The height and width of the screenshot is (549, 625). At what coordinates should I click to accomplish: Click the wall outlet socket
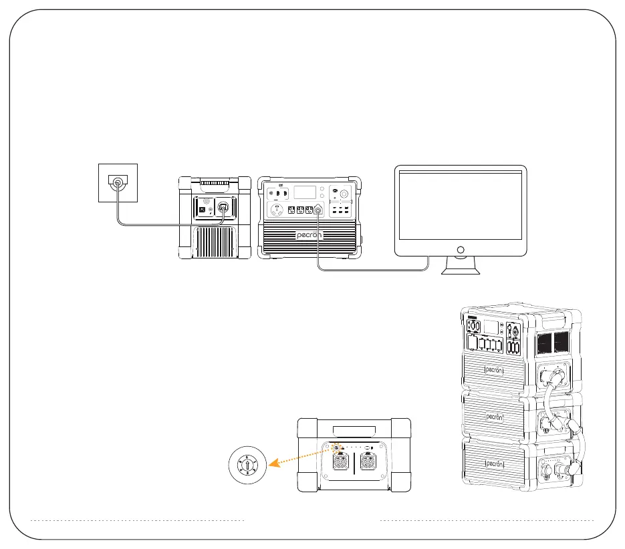pos(118,182)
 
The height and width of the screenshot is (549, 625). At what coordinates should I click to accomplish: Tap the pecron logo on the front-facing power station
pos(309,235)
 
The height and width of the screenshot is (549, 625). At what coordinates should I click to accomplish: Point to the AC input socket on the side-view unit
pos(224,207)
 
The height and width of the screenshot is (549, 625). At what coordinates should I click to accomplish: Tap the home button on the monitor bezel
pos(460,249)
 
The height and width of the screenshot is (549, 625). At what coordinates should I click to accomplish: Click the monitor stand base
pos(461,271)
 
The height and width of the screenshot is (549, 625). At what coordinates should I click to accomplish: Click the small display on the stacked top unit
pos(490,327)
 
